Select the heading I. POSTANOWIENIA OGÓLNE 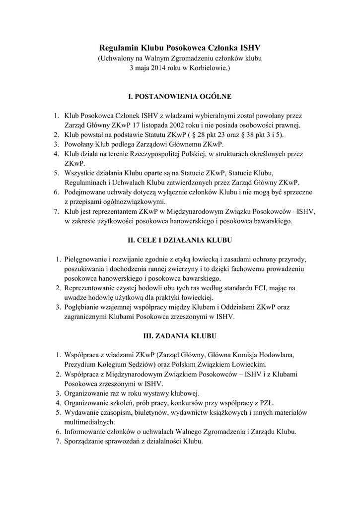point(180,96)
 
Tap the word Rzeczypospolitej point(160,154)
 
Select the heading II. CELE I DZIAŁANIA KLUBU point(180,240)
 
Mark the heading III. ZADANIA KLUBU point(180,336)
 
